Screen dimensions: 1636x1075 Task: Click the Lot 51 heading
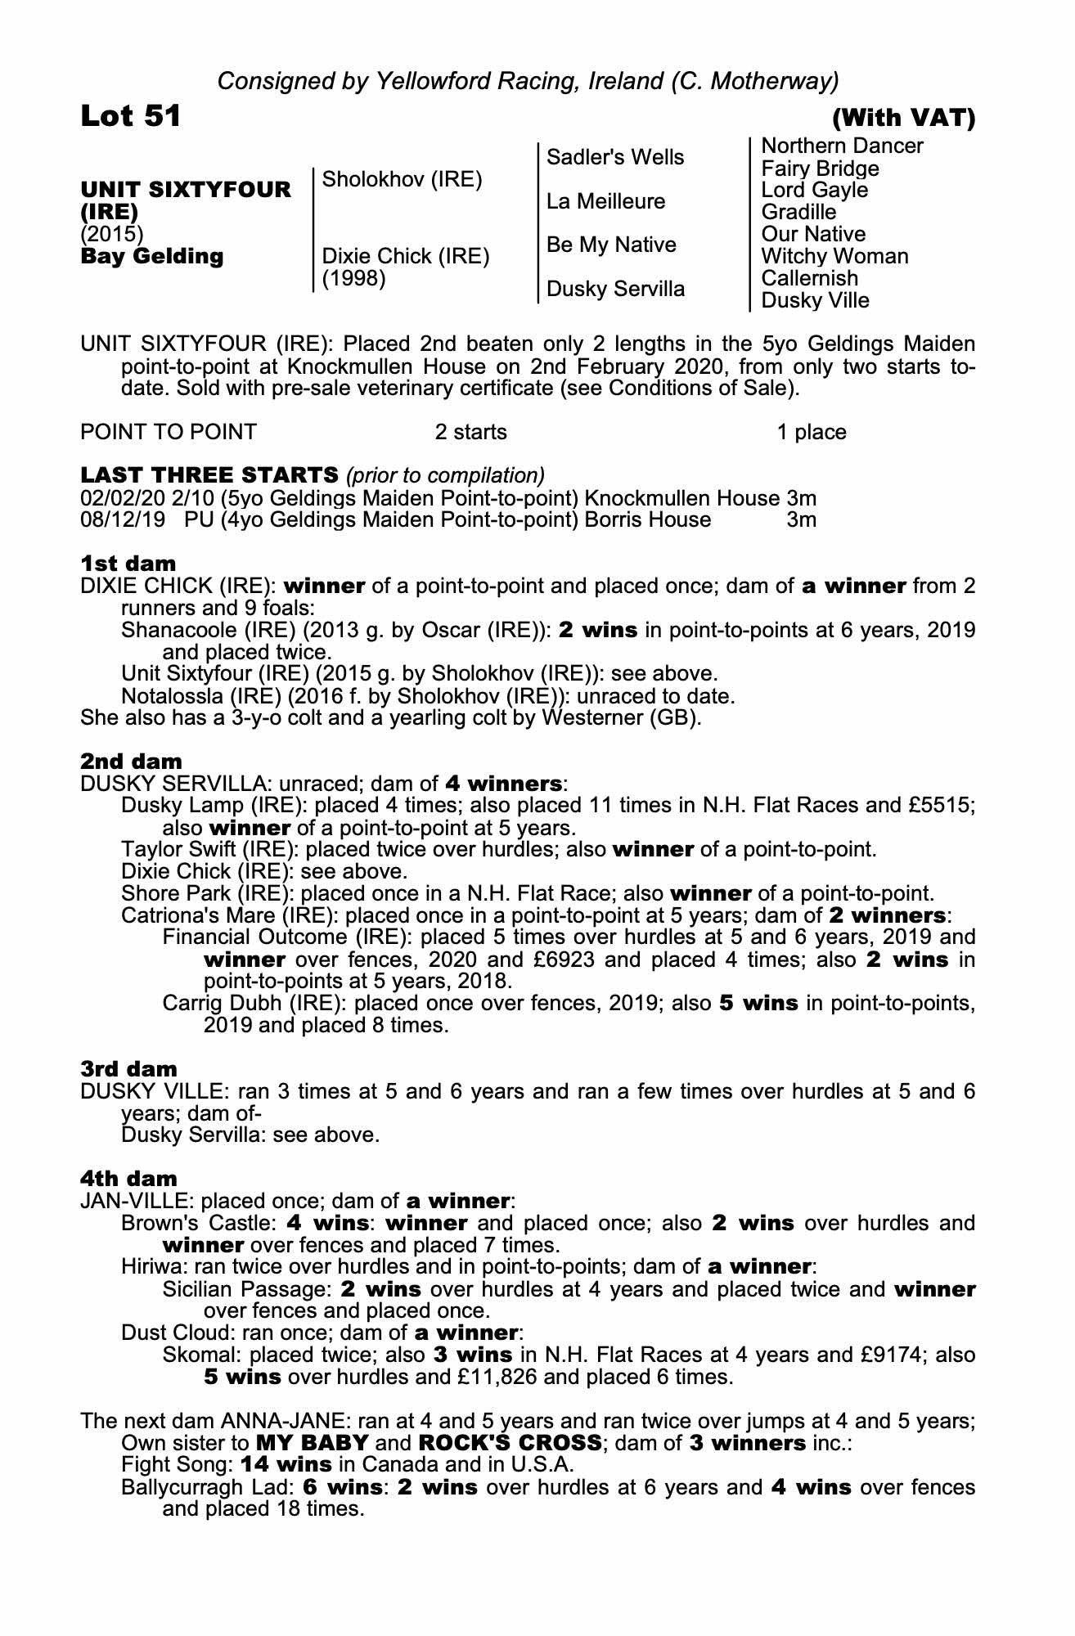click(x=131, y=117)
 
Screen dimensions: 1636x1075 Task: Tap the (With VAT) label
click(x=903, y=119)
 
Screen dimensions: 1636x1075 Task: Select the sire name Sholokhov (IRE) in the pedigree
click(x=402, y=179)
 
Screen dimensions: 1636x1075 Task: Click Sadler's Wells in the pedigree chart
click(x=615, y=157)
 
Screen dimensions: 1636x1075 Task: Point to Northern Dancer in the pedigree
click(x=842, y=146)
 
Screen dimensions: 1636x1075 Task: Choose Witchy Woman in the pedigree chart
click(x=834, y=256)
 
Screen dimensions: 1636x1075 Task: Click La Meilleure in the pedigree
click(x=605, y=201)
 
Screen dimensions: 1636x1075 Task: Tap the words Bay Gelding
click(x=152, y=256)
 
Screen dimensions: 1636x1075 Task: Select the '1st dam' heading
click(x=128, y=563)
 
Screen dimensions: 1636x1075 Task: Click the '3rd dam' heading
click(x=129, y=1068)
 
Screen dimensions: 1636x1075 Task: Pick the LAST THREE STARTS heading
click(x=209, y=474)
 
